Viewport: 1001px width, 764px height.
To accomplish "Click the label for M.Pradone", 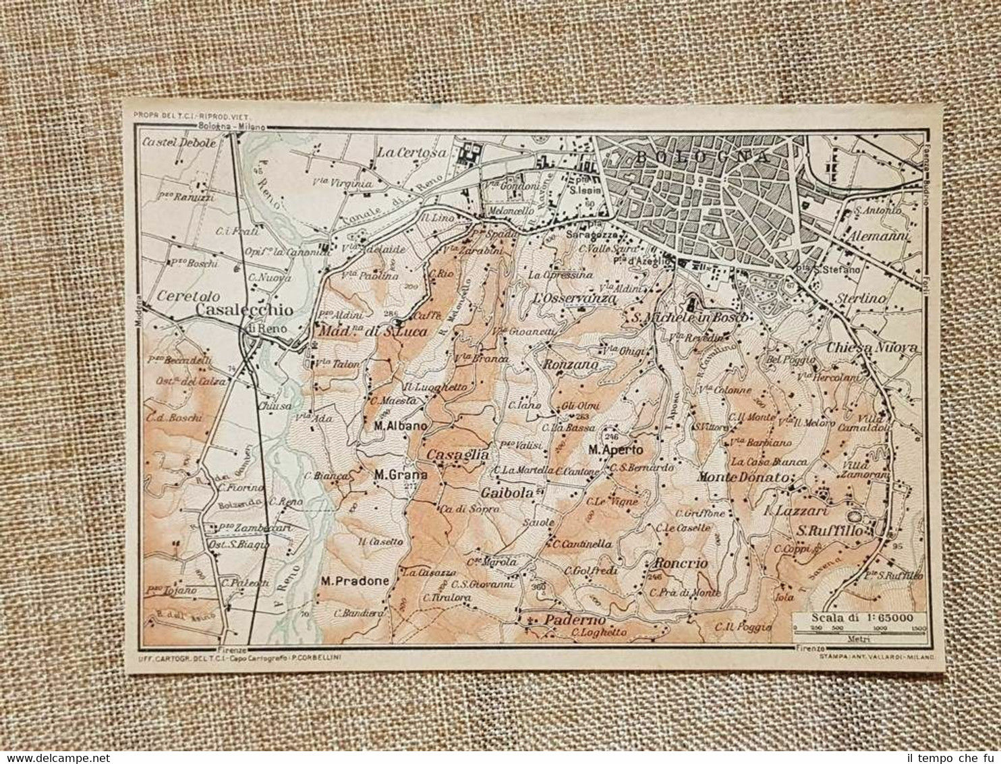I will pos(355,581).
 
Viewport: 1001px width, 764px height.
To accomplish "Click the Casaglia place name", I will pos(457,455).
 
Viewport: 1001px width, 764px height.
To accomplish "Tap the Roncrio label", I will pos(681,564).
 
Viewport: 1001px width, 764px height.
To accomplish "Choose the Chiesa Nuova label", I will pos(872,348).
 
